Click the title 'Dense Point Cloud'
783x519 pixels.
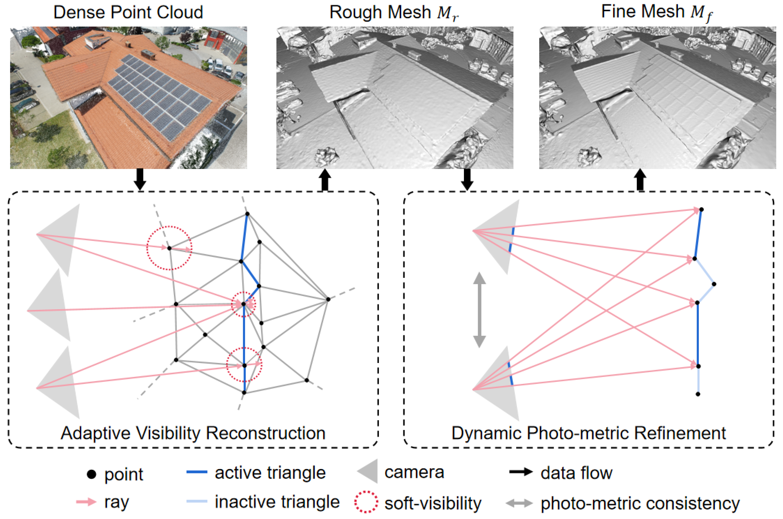(128, 12)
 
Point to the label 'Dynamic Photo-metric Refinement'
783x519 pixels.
(589, 433)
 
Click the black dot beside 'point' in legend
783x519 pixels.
(91, 474)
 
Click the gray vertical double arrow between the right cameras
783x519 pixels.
(479, 310)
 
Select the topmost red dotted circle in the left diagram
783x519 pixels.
(169, 248)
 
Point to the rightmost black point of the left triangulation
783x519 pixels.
(328, 299)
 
